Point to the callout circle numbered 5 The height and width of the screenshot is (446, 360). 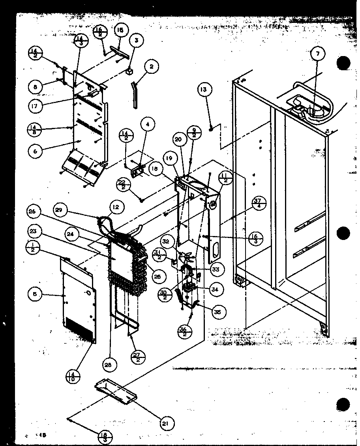(35, 294)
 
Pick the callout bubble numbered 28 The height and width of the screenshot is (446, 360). (111, 365)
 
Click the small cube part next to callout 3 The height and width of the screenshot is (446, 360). (129, 72)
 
